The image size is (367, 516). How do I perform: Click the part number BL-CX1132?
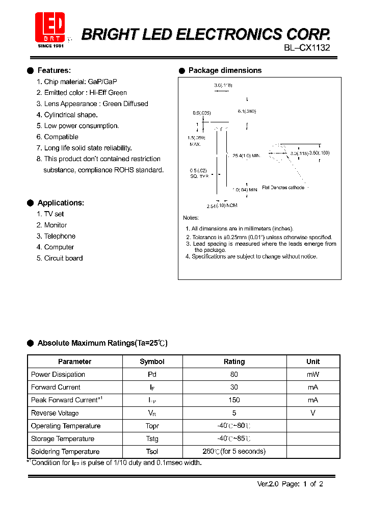coord(307,48)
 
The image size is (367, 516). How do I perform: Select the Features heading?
coord(54,70)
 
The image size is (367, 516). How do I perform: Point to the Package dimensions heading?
coord(225,70)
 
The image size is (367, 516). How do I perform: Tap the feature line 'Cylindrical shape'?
coord(70,115)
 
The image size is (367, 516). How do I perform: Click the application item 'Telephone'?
coord(60,236)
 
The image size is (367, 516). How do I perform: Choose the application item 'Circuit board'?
coord(63,258)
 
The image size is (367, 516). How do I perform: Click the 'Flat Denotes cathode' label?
coord(283,188)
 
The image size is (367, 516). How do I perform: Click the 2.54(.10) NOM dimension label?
coord(222,205)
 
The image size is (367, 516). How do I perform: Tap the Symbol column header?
coord(152,362)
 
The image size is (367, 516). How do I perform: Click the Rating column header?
coord(234,362)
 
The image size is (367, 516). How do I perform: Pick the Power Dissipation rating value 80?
coord(234,374)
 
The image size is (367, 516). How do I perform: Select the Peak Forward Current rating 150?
coord(234,400)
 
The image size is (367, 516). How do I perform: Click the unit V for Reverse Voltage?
coord(313,413)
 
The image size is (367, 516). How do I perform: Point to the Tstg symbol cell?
coord(152,438)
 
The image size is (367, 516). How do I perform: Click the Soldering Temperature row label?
coord(65,451)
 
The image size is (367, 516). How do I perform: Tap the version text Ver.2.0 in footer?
coord(268,484)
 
